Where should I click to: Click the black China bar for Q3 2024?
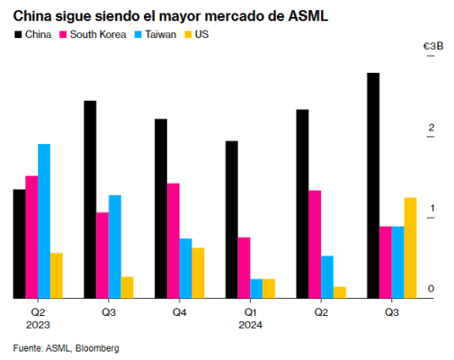click(373, 185)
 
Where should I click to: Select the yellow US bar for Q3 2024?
click(410, 247)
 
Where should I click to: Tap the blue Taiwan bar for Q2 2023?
click(44, 221)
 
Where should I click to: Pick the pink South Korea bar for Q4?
click(174, 240)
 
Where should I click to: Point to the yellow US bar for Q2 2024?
click(340, 292)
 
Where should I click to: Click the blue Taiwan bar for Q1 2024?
click(256, 289)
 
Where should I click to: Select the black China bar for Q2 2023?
click(19, 244)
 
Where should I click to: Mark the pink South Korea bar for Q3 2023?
click(102, 256)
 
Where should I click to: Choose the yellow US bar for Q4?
click(198, 273)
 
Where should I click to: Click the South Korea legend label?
click(98, 34)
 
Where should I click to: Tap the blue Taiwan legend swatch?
click(138, 34)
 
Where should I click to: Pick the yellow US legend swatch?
click(188, 34)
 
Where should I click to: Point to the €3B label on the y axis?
click(433, 46)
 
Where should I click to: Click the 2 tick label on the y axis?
click(432, 128)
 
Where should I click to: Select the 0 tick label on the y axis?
click(431, 289)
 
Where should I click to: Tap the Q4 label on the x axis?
click(180, 312)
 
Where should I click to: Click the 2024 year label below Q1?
click(250, 325)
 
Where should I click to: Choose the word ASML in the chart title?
click(308, 16)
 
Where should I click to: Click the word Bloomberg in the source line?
click(97, 348)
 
